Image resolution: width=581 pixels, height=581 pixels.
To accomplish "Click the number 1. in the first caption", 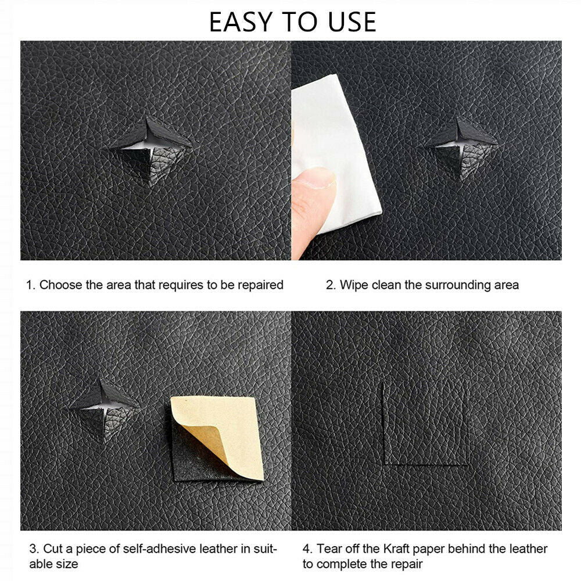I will (31, 285).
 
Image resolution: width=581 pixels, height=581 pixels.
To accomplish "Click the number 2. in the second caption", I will (331, 285).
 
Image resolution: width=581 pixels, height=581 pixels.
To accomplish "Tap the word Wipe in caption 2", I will (353, 285).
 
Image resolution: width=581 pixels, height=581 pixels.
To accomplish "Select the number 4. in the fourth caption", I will (308, 548).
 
